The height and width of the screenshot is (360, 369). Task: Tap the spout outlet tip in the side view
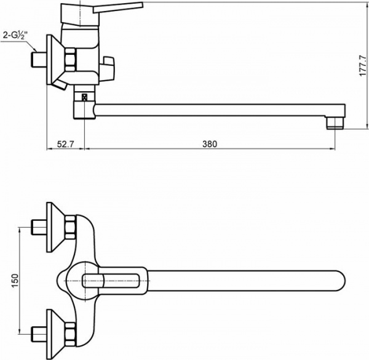point(335,121)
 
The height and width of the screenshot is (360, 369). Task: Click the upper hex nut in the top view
point(71,227)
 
